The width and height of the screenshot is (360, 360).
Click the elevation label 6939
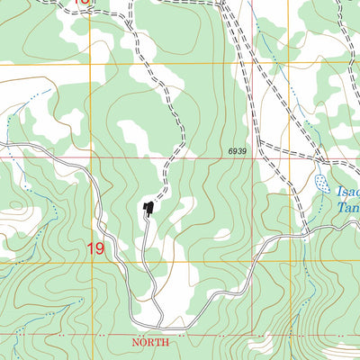[x=237, y=151]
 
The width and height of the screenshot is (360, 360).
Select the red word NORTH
[x=150, y=343]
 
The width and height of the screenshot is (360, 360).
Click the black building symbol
[x=148, y=209]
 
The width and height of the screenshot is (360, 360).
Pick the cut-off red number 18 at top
[x=83, y=3]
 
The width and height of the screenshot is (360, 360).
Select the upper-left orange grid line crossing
[x=90, y=64]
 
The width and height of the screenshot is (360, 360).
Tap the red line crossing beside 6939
[x=253, y=158]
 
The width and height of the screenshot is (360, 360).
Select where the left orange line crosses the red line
[x=90, y=158]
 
